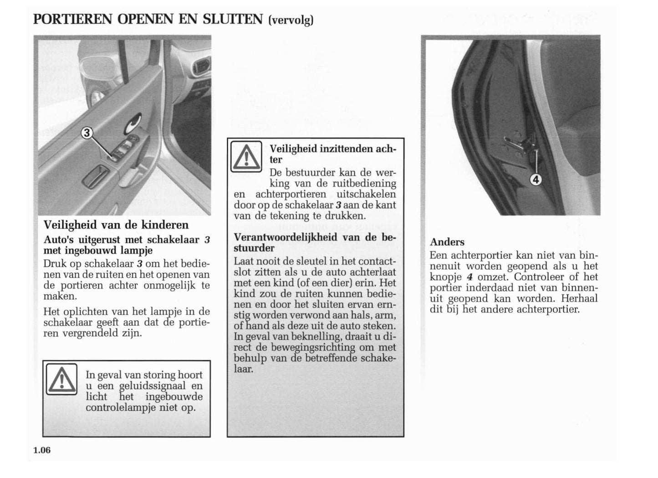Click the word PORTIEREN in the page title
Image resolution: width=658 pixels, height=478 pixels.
(x=73, y=19)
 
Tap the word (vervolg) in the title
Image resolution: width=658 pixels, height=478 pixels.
(x=291, y=21)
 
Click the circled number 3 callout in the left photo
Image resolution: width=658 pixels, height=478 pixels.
(x=87, y=133)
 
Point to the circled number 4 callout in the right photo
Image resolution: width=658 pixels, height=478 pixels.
(x=536, y=180)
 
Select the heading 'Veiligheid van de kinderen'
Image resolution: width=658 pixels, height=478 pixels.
(x=116, y=225)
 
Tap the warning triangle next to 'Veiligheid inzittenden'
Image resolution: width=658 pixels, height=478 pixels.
(x=246, y=156)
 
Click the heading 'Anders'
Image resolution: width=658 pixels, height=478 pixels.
(x=447, y=242)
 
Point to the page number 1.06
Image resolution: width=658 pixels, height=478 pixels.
(x=42, y=451)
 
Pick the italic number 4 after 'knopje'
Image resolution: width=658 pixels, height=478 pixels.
(x=469, y=277)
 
